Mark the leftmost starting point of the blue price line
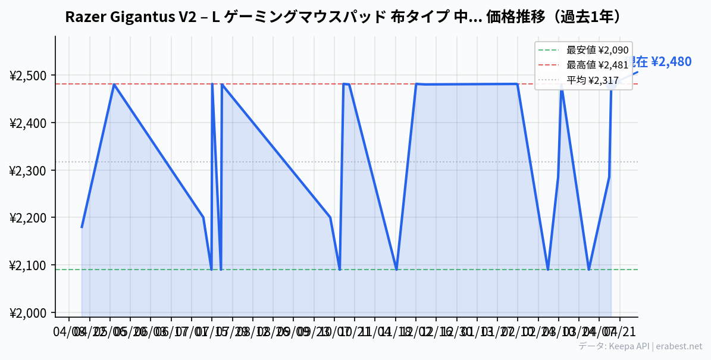(82, 227)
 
